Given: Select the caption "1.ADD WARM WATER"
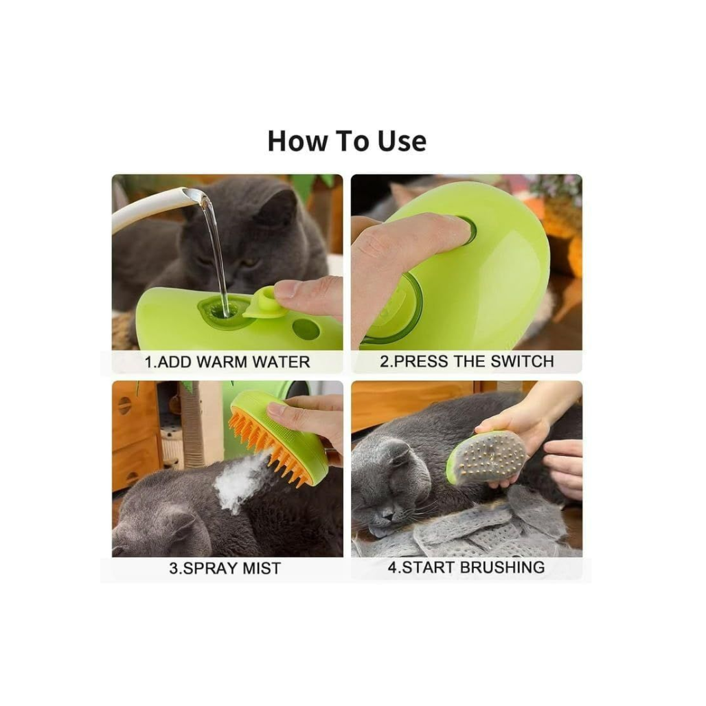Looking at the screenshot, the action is (227, 362).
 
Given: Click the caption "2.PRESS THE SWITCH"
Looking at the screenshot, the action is (466, 361).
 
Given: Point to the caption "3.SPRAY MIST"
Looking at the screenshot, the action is (225, 568).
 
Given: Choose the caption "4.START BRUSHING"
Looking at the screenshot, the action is (466, 567).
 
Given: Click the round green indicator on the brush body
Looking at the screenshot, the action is (306, 329).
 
